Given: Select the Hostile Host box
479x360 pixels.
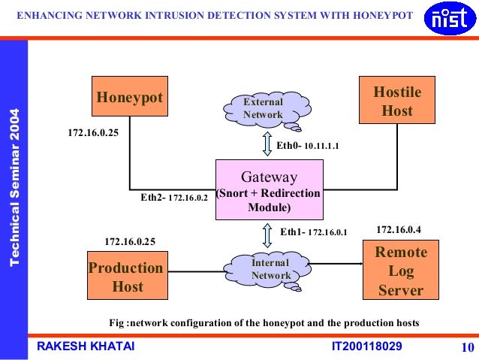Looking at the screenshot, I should click(x=397, y=101).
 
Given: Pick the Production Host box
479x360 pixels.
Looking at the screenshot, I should click(x=126, y=277).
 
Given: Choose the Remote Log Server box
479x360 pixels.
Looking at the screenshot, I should click(x=401, y=270).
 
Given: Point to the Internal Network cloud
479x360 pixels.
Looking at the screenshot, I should click(x=270, y=269).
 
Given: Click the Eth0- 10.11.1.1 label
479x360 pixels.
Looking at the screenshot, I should click(x=308, y=145).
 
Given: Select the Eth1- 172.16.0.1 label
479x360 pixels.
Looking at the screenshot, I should click(x=314, y=232).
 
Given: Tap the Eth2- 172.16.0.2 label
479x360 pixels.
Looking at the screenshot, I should click(x=174, y=199).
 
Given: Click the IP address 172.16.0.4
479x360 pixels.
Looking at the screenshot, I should click(x=398, y=228).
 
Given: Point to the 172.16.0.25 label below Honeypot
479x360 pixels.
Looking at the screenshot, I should click(x=93, y=133).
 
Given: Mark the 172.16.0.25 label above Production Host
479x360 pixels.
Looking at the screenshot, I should click(x=129, y=241).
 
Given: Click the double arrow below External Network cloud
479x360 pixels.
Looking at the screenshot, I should click(x=266, y=143).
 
